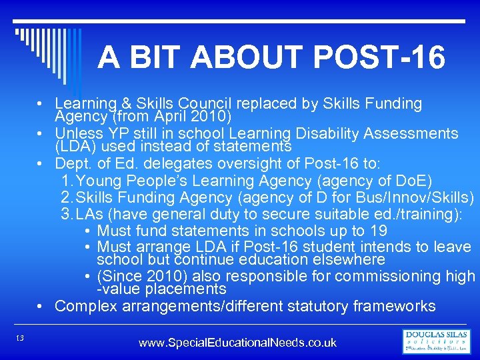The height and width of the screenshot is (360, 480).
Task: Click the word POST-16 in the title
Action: [x=377, y=59]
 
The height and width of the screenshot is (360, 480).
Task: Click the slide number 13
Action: [x=20, y=339]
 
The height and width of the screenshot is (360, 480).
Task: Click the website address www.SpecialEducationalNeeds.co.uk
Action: [x=237, y=343]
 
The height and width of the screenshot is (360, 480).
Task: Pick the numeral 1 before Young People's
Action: [x=65, y=181]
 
